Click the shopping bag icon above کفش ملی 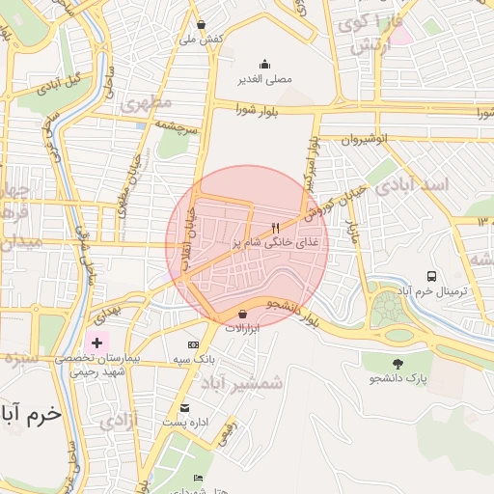pyautogui.click(x=201, y=25)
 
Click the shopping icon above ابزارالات pyautogui.click(x=242, y=314)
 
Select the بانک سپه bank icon pyautogui.click(x=193, y=344)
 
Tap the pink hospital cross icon pyautogui.click(x=96, y=343)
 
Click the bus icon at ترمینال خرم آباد pyautogui.click(x=431, y=275)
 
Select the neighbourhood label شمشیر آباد pyautogui.click(x=242, y=383)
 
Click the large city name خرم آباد pyautogui.click(x=32, y=414)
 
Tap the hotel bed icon pyautogui.click(x=199, y=478)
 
